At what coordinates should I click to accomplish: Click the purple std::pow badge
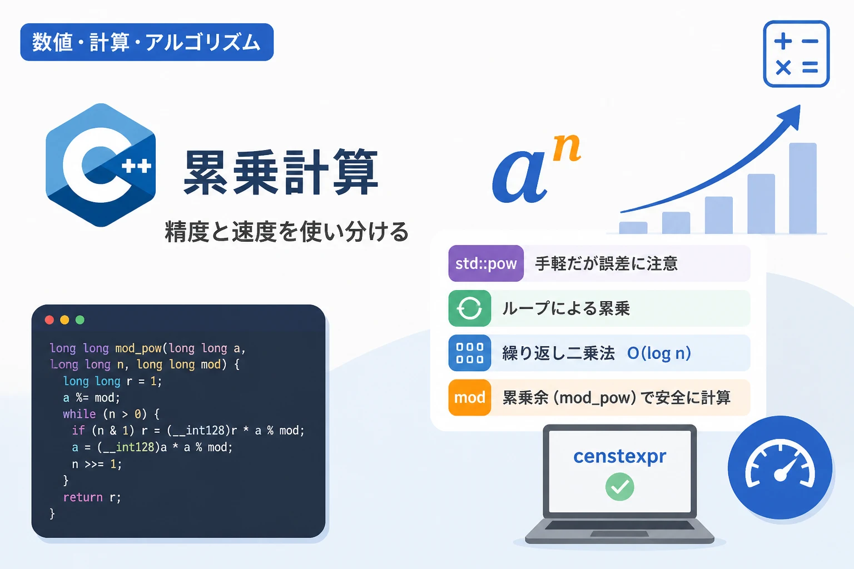pyautogui.click(x=486, y=263)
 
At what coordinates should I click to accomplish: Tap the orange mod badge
pyautogui.click(x=469, y=397)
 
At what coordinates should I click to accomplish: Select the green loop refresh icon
pyautogui.click(x=469, y=308)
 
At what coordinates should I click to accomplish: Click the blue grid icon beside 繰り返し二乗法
pyautogui.click(x=469, y=353)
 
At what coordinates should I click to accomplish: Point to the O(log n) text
pyautogui.click(x=659, y=353)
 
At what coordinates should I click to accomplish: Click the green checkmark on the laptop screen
pyautogui.click(x=619, y=487)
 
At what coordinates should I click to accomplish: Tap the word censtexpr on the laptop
pyautogui.click(x=619, y=456)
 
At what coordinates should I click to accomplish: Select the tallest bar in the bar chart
pyautogui.click(x=802, y=188)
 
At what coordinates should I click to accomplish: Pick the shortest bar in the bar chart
pyautogui.click(x=633, y=227)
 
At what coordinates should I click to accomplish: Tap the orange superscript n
pyautogui.click(x=567, y=148)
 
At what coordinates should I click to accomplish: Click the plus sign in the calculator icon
pyautogui.click(x=783, y=41)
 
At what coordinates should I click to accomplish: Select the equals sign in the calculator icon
pyautogui.click(x=810, y=67)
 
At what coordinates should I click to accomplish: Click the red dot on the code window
pyautogui.click(x=49, y=320)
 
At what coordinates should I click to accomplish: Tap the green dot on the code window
pyautogui.click(x=80, y=320)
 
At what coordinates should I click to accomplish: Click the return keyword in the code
pyautogui.click(x=83, y=497)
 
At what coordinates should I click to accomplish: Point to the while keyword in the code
pyautogui.click(x=80, y=414)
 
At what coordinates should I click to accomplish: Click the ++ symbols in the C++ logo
pyautogui.click(x=136, y=166)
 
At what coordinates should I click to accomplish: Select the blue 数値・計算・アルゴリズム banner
pyautogui.click(x=147, y=42)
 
